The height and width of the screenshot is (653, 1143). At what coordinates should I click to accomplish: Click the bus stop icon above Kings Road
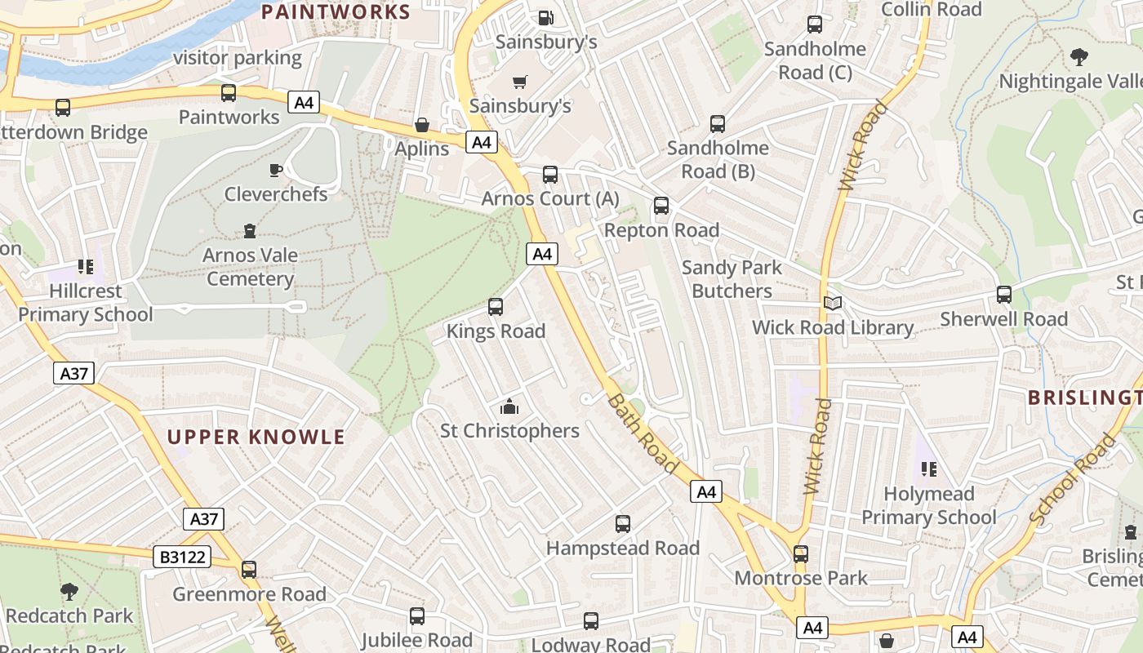coord(496,307)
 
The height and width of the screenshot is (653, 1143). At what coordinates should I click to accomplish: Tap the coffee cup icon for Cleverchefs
coord(276,170)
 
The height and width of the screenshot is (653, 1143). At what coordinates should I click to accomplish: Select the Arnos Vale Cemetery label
coord(250,267)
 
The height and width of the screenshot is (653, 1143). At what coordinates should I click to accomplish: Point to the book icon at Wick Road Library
coord(832,304)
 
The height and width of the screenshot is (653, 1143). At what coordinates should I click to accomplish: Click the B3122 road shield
coord(183,557)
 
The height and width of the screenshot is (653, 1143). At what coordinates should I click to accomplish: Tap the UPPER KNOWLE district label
coord(256,437)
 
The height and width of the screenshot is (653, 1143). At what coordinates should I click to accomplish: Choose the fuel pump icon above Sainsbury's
coord(545,16)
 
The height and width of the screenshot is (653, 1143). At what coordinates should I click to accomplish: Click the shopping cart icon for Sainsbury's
coord(519,82)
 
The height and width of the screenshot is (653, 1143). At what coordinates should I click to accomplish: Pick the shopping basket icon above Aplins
coord(422,125)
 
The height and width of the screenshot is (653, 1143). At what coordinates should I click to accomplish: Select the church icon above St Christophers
coord(509,406)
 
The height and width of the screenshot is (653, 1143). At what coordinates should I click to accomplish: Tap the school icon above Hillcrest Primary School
coord(86,267)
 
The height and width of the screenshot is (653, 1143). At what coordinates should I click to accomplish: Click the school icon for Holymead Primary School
coord(928,469)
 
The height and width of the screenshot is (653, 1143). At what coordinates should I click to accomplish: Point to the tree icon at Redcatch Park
coord(69,591)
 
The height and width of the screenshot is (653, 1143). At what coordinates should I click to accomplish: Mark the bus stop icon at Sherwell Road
coord(1004,295)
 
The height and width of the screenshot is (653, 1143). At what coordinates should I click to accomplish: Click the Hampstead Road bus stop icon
coord(623,524)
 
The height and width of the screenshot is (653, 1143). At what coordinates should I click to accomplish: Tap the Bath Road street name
coord(643,433)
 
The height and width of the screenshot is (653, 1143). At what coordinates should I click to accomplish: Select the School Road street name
coord(1072,479)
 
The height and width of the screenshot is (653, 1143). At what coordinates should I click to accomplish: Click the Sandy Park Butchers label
coord(732,279)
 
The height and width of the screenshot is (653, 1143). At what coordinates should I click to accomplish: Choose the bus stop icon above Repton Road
coord(661,206)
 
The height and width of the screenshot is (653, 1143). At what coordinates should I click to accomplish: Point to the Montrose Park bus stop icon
coord(801,554)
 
